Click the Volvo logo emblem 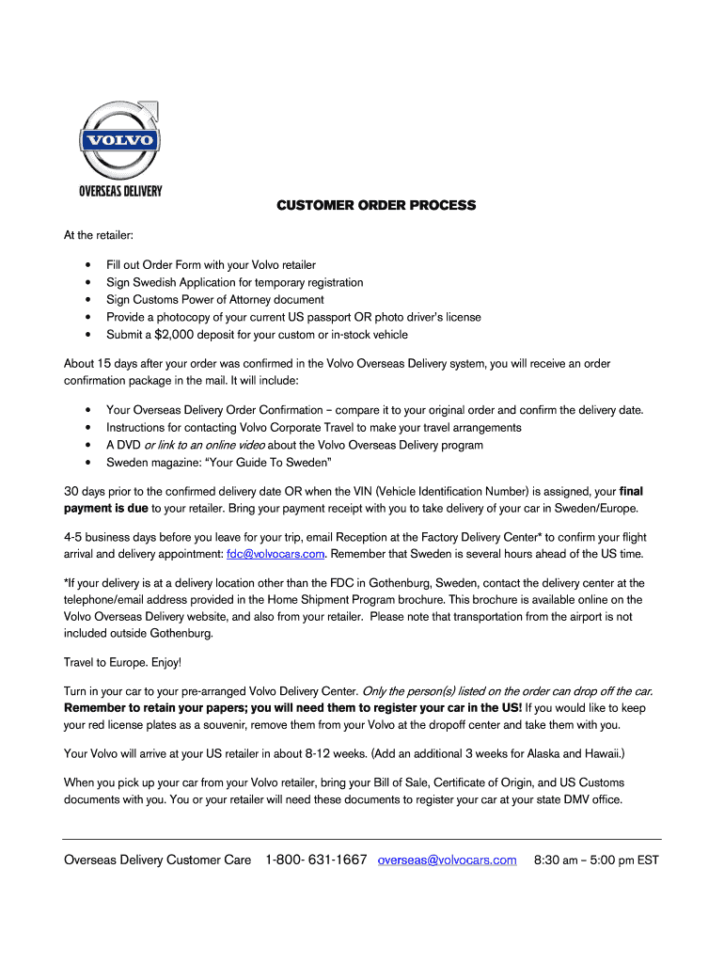118,141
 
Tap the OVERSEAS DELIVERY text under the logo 119,191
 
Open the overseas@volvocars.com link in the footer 447,860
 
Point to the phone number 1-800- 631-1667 316,860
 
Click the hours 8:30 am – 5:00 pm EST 596,860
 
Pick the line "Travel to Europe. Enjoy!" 122,662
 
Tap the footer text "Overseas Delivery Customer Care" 157,860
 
